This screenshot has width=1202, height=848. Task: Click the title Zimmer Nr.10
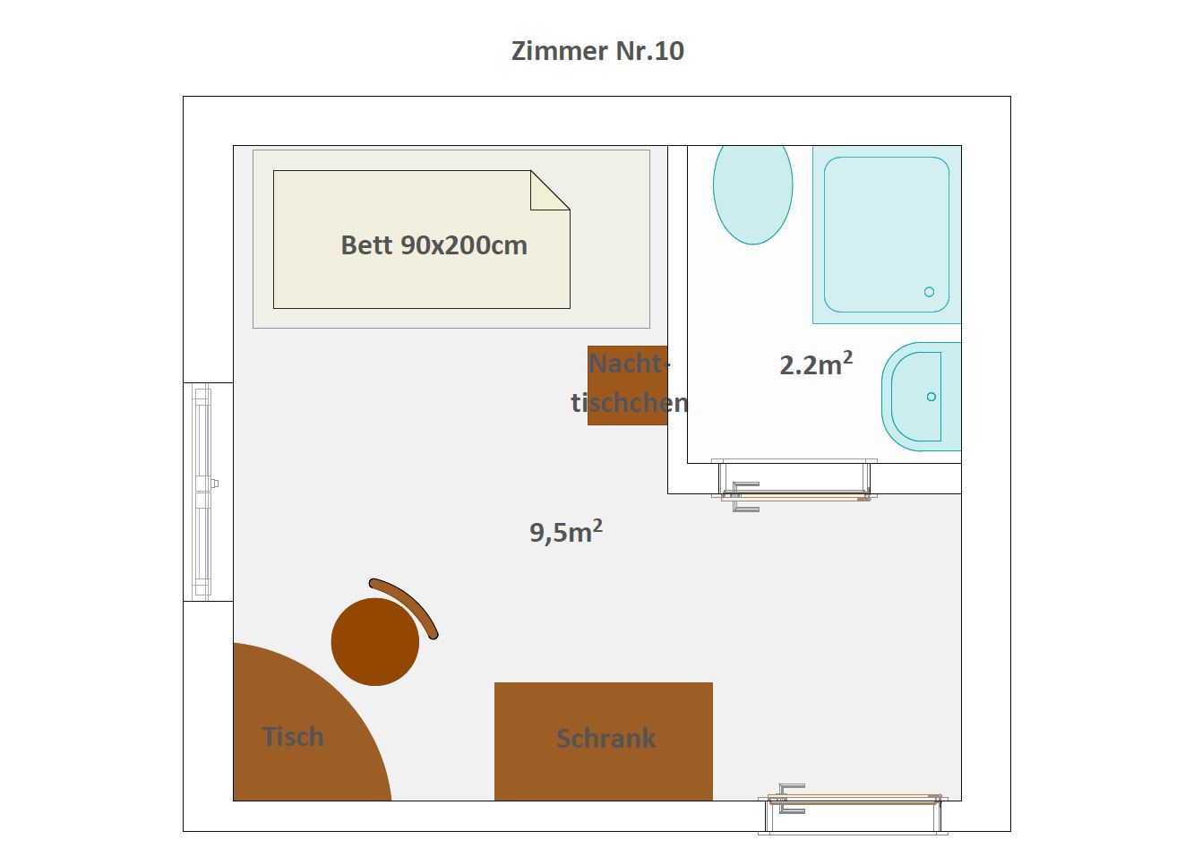click(x=597, y=51)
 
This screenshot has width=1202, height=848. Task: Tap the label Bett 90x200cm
click(x=434, y=245)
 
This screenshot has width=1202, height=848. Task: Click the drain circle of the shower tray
click(x=930, y=292)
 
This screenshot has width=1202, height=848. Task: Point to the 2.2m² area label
click(x=816, y=364)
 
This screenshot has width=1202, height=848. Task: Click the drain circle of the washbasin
click(x=932, y=397)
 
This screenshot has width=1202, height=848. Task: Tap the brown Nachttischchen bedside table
click(x=627, y=386)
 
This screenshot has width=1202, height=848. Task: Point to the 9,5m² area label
click(x=566, y=532)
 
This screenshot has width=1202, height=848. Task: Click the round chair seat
click(x=375, y=641)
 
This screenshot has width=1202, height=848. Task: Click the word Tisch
click(x=293, y=736)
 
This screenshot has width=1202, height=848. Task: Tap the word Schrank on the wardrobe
click(x=605, y=738)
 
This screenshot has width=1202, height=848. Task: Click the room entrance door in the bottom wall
click(x=854, y=809)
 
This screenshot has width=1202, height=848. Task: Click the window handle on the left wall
click(x=214, y=484)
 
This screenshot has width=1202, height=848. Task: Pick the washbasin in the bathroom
click(x=921, y=397)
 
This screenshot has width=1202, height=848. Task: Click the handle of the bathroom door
click(x=745, y=497)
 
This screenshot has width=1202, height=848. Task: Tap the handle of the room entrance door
click(x=791, y=799)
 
